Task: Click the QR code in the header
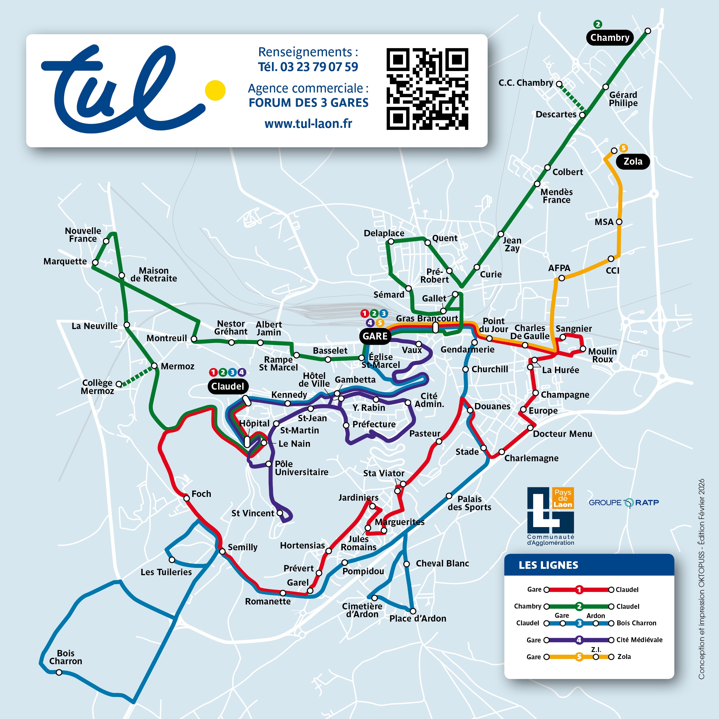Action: click(427, 89)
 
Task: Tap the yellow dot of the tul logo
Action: click(215, 90)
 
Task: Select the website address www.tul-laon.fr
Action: click(308, 124)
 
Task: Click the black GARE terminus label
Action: click(375, 336)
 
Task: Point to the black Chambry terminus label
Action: click(610, 38)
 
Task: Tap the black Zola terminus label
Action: click(633, 161)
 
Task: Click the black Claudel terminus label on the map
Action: click(227, 386)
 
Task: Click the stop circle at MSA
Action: click(619, 222)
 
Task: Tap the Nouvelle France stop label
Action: click(83, 235)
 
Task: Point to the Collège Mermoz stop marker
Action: click(119, 384)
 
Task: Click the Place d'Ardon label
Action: click(417, 618)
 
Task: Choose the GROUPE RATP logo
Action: click(623, 503)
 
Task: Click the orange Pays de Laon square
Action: click(563, 498)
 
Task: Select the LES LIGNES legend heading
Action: click(548, 565)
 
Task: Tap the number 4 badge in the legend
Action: click(579, 640)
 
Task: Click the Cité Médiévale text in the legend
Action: click(639, 640)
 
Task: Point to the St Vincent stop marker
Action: click(280, 513)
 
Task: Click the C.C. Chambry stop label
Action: click(526, 83)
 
